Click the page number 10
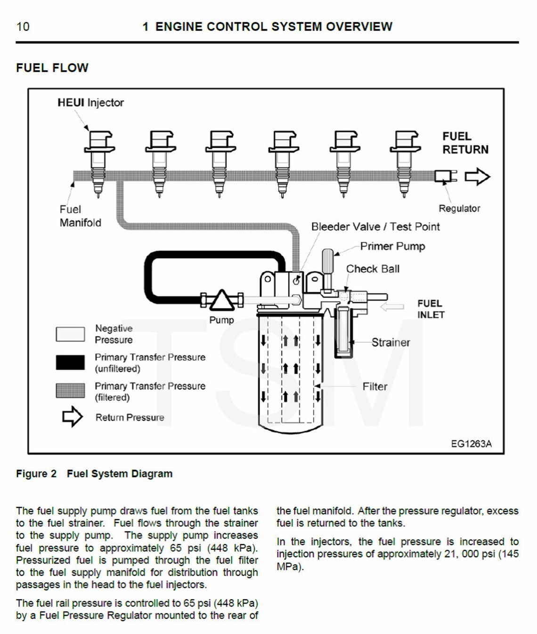pos(23,27)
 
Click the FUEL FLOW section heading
pos(52,68)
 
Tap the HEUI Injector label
pos(90,103)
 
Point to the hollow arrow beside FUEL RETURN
pos(477,177)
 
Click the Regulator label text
pos(459,209)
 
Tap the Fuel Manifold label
pos(80,216)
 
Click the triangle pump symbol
pos(221,300)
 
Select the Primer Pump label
pos(392,246)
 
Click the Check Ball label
pos(373,269)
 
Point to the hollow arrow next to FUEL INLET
pos(392,307)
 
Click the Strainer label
pos(391,342)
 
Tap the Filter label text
pos(374,386)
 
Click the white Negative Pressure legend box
pos(70,334)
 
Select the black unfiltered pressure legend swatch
pos(70,362)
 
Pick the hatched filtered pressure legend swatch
pos(70,391)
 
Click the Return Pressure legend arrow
pos(72,417)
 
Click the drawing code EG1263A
pos(471,444)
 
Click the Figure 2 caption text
pos(94,473)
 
